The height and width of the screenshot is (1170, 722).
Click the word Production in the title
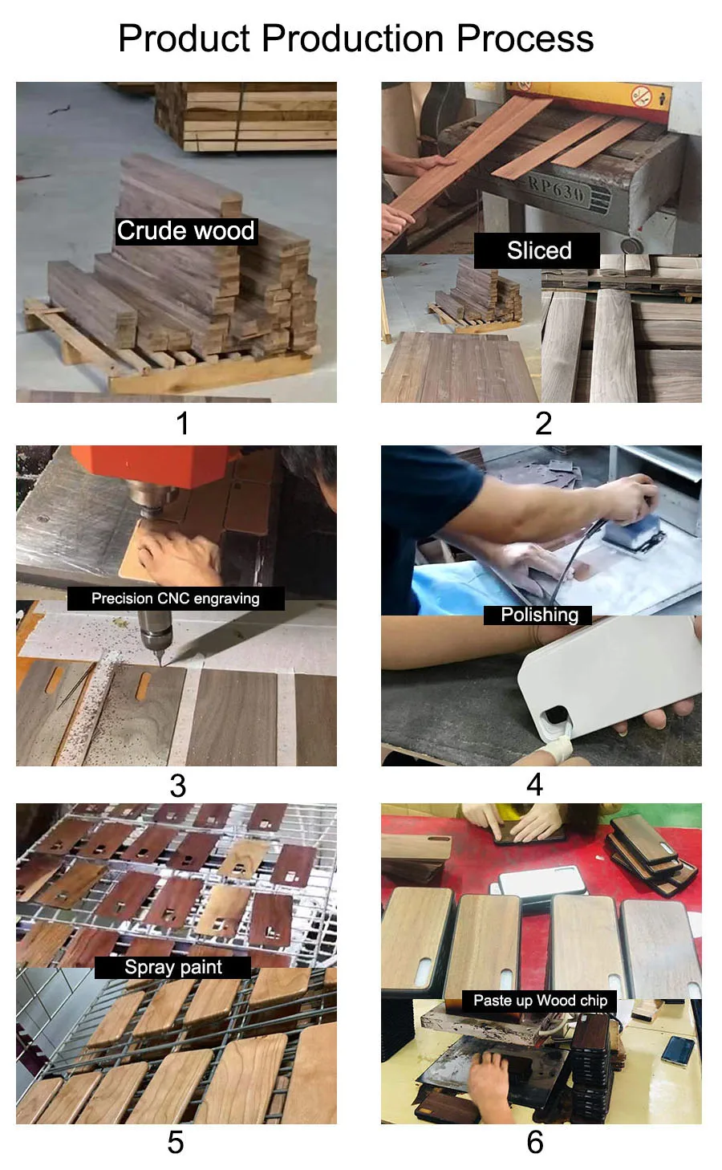(352, 39)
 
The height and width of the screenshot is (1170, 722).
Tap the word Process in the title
(525, 39)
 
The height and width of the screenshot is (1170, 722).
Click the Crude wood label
(186, 231)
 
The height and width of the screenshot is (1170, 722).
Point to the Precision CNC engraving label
(176, 598)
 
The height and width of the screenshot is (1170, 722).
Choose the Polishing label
(538, 615)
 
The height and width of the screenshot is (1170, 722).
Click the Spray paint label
(172, 967)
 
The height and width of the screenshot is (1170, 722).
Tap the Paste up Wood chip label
(539, 1001)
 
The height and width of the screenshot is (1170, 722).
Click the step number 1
(182, 423)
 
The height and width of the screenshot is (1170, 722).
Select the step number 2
(543, 423)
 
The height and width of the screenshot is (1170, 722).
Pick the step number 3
(177, 786)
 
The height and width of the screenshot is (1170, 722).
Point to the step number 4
(534, 785)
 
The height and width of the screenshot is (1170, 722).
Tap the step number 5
(176, 1142)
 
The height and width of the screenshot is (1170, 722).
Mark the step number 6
(535, 1142)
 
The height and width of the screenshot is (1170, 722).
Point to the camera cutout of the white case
(555, 717)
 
